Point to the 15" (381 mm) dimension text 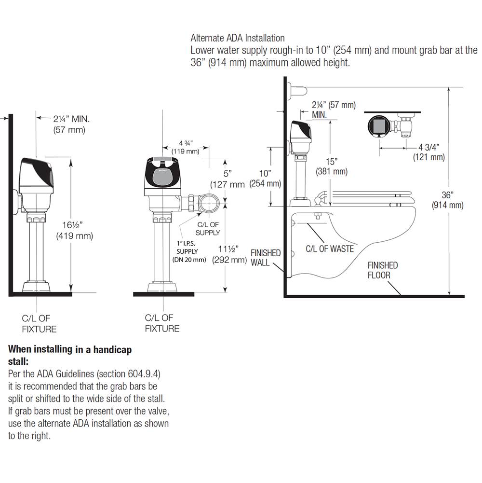coord(331,166)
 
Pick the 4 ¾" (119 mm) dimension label coord(186,147)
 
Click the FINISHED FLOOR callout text coord(383,270)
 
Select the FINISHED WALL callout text coord(266,258)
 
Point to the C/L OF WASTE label coord(330,249)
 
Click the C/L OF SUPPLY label coord(208,228)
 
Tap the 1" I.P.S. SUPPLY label coord(189,251)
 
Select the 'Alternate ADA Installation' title coord(238,38)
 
